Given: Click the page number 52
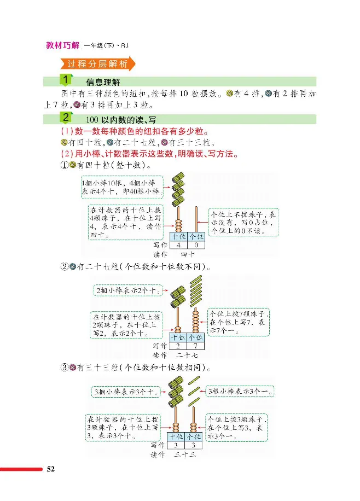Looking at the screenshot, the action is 51,469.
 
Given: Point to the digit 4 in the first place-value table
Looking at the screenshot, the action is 177,246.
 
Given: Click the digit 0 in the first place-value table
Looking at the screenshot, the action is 195,246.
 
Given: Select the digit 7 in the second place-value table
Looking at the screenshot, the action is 195,346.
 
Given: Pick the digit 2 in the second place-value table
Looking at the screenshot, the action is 177,346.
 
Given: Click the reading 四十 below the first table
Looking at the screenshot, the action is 187,254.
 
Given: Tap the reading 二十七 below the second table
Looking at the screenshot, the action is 187,354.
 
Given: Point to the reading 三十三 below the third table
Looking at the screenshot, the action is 186,455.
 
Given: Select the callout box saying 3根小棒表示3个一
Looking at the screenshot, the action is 240,392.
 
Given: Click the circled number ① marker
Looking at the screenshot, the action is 64,165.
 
